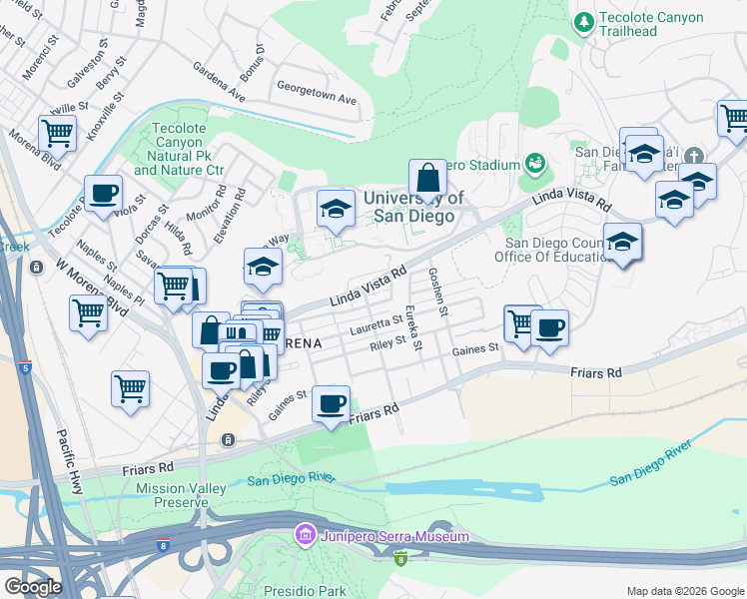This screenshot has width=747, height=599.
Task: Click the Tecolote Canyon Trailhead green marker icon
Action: (x=583, y=19)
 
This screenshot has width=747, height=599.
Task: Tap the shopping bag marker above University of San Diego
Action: (x=427, y=179)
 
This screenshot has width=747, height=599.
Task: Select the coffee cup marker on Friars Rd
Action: (x=331, y=404)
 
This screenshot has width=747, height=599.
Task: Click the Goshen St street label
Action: (x=438, y=290)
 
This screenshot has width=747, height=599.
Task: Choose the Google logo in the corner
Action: (x=32, y=587)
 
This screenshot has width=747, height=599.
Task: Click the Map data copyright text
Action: (x=685, y=591)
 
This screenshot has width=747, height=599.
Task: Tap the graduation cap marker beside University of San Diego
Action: (x=336, y=209)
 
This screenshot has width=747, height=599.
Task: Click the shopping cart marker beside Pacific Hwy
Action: (x=131, y=388)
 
